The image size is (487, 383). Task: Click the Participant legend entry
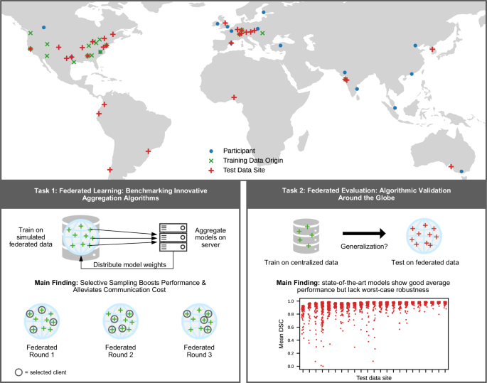[240, 151]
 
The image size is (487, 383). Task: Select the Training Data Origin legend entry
[252, 161]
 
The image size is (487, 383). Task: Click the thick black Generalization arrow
[364, 232]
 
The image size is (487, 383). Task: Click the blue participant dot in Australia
[461, 171]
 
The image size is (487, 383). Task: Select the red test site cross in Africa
[235, 97]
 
